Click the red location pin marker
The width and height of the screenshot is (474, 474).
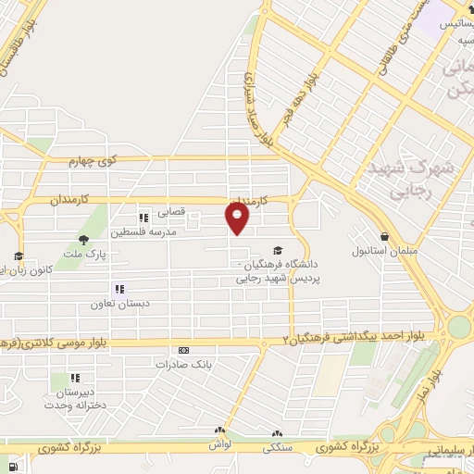click(x=238, y=218)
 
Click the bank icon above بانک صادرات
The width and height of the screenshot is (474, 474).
click(x=183, y=351)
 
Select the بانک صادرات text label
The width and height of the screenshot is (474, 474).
click(x=183, y=365)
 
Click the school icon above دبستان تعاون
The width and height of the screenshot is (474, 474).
click(x=118, y=289)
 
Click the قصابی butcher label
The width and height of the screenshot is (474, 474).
click(x=174, y=211)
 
